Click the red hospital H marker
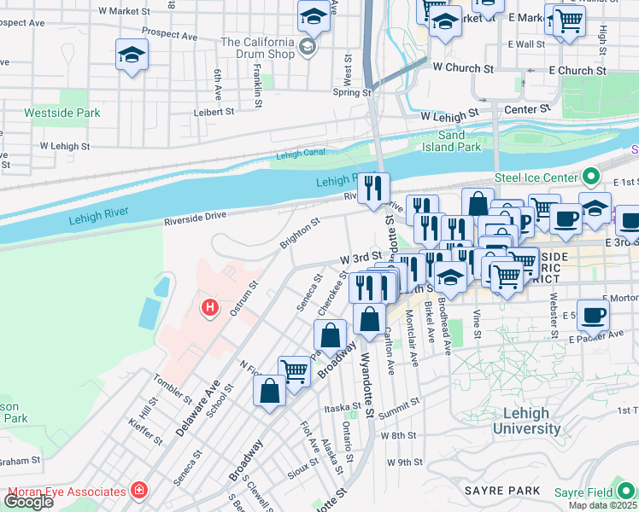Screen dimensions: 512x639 click(208, 306)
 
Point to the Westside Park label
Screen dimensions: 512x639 click(62, 113)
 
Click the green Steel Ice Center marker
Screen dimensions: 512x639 click(590, 177)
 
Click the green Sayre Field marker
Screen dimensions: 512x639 click(628, 492)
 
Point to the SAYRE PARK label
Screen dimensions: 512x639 click(502, 491)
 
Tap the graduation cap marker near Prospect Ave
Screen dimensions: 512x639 click(131, 55)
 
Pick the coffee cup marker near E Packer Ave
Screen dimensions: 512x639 click(593, 314)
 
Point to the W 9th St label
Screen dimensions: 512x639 click(404, 462)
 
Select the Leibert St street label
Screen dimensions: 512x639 click(213, 111)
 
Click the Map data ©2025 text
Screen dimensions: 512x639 click(602, 505)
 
